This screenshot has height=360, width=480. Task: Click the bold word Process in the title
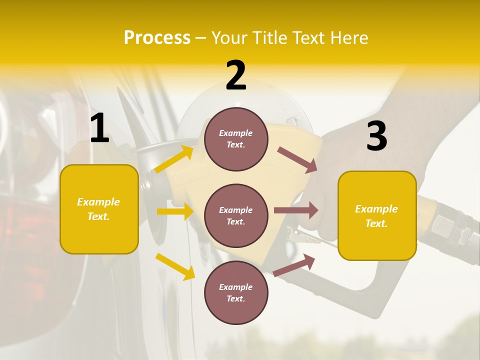(x=157, y=38)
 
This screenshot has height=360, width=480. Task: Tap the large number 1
(x=99, y=128)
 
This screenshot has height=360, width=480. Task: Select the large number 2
(x=236, y=75)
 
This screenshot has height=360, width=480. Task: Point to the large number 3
(x=376, y=136)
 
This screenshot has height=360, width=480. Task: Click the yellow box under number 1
(x=99, y=209)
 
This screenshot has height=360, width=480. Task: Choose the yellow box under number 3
(x=377, y=215)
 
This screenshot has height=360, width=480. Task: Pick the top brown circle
(x=236, y=139)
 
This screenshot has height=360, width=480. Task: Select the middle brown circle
(x=236, y=215)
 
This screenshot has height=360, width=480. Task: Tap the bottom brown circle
(x=236, y=292)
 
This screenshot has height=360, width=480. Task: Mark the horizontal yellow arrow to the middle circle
(x=175, y=211)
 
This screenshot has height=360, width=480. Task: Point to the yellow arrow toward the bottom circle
(x=175, y=266)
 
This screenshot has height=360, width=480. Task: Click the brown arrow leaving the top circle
(x=297, y=159)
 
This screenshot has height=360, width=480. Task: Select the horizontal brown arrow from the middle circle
(x=296, y=210)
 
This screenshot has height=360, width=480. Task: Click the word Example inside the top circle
(x=236, y=133)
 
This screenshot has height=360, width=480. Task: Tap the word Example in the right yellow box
(x=376, y=209)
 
